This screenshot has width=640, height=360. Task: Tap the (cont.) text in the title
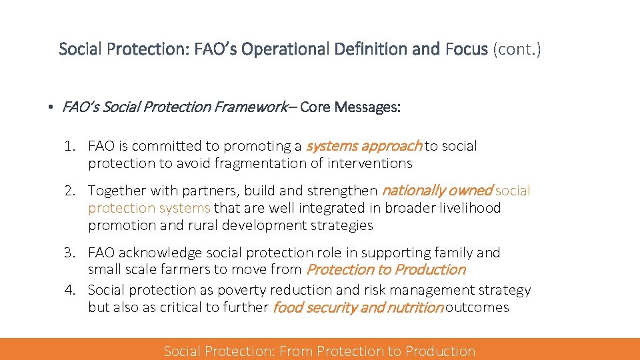coord(517,49)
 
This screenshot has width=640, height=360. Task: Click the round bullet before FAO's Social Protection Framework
coord(50,107)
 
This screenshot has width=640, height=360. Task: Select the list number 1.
coord(69,146)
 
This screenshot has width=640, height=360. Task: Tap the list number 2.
coord(69,191)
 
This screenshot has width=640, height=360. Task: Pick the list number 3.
coord(69,253)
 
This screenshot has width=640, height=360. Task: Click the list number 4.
coord(69,290)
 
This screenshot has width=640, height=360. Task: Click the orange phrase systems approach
coord(363,145)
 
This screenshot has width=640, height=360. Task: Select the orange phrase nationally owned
coord(437,191)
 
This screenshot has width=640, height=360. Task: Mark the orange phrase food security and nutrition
coord(358,307)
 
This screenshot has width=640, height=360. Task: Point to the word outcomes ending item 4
coord(477,307)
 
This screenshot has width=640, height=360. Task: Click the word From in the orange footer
coord(297,351)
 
